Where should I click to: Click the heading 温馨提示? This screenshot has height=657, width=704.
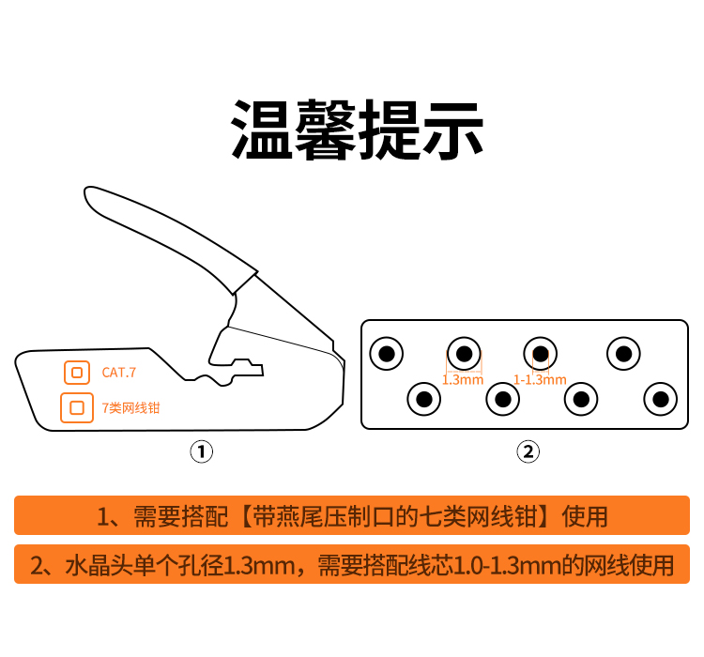(357, 130)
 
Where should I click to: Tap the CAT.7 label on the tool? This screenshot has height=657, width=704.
(118, 373)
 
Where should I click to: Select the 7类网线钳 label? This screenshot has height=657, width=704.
(130, 407)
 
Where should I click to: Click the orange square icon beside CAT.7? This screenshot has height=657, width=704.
(77, 373)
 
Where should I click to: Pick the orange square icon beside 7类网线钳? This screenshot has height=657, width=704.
(77, 407)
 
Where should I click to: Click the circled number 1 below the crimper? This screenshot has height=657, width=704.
(202, 451)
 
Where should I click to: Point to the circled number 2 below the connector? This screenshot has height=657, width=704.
(528, 451)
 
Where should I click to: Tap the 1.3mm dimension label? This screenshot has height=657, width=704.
(463, 380)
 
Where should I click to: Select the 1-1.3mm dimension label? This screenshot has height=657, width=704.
(540, 380)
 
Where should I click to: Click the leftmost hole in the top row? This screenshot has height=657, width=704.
(386, 354)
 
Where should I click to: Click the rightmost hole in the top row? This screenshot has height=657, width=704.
(623, 354)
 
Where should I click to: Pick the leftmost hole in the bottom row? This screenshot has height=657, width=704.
(424, 399)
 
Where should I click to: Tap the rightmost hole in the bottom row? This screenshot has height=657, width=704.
(660, 399)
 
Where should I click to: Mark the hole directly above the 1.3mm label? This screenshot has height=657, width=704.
(464, 354)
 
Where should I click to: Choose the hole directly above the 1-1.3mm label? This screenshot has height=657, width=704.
(540, 354)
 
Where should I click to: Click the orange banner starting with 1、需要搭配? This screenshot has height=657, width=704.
(352, 515)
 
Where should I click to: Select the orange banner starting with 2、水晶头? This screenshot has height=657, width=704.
(352, 564)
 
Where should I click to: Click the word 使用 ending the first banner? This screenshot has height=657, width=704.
(585, 516)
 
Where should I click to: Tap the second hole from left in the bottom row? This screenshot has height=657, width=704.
(502, 399)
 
